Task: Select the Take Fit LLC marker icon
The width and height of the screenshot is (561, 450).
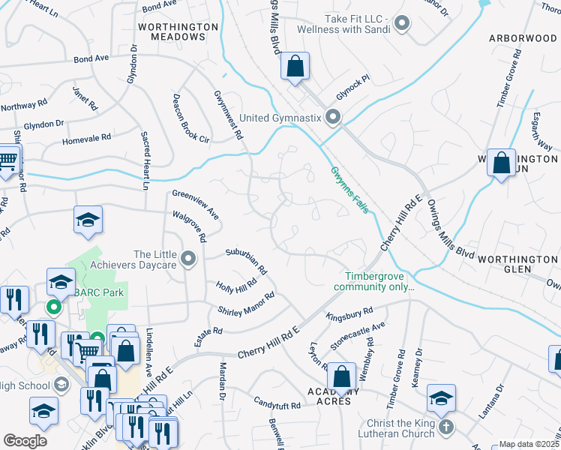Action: pyautogui.click(x=402, y=23)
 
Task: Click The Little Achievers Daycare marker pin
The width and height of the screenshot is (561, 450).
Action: pyautogui.click(x=188, y=259)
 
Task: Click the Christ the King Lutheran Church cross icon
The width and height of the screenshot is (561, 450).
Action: pyautogui.click(x=445, y=427)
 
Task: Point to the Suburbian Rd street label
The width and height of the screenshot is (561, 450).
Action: pyautogui.click(x=247, y=259)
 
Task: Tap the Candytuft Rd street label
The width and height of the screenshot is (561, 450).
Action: pyautogui.click(x=277, y=404)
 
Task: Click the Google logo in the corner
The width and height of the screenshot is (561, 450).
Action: pyautogui.click(x=25, y=441)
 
